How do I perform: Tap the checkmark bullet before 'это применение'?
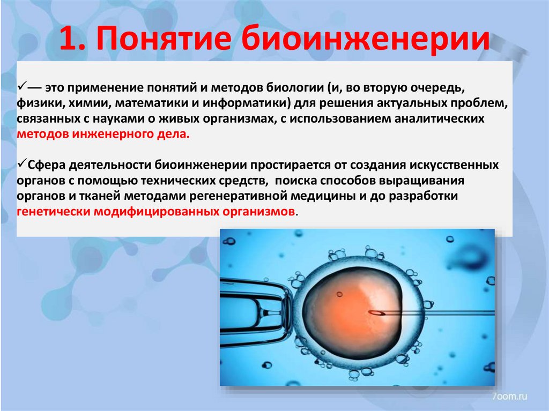click(22, 86)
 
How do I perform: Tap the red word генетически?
click(54, 211)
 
